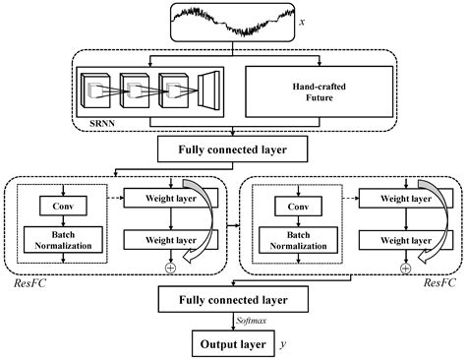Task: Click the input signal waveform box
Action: pos(232,22)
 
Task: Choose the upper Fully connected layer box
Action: pos(232,150)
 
